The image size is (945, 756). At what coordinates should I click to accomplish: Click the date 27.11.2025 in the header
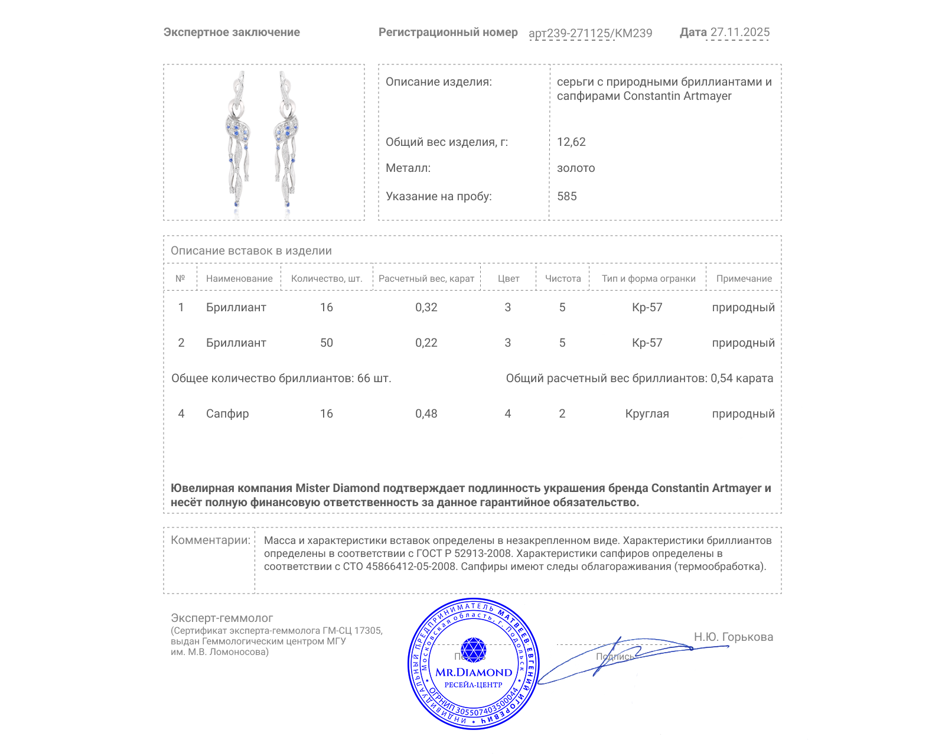pos(739,32)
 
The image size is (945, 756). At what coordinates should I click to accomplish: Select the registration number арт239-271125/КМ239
pos(590,33)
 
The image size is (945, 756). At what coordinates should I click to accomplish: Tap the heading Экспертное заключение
pos(232,32)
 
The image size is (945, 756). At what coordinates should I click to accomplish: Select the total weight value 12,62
pos(571,142)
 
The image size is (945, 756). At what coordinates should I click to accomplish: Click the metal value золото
pos(576,168)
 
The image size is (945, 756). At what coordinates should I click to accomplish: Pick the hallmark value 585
pos(566,196)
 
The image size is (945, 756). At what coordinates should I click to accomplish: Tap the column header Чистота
pos(563,278)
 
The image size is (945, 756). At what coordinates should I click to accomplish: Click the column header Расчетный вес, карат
pos(426,278)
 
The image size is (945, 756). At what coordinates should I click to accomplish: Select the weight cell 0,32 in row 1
pos(426,307)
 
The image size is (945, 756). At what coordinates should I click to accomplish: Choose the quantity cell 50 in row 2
pos(326,343)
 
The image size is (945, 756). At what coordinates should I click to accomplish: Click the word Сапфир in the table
pos(227,413)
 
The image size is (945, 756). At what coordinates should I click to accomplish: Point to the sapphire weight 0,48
pos(426,413)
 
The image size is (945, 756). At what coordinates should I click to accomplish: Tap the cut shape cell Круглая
pos(647,413)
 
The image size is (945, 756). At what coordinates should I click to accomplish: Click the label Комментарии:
pos(210,540)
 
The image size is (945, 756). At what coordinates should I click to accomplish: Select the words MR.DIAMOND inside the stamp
pos(474,672)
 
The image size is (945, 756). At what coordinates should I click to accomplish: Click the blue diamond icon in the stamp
pos(473,650)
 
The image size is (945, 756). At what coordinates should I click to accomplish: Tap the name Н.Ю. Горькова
pos(733,637)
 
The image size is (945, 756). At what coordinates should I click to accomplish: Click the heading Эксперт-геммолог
pos(221,618)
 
